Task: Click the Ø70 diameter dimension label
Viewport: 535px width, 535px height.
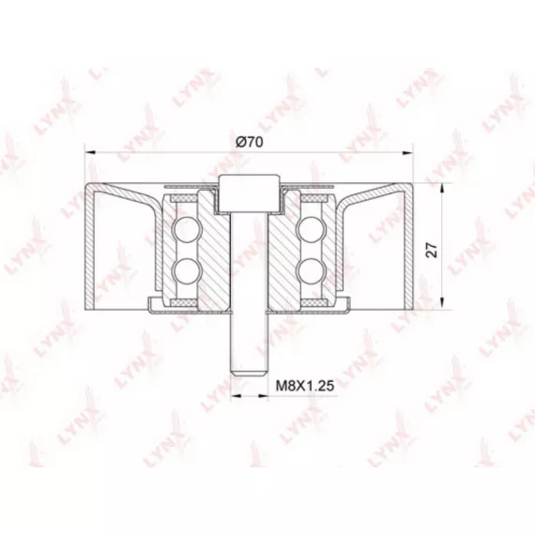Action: click(x=250, y=142)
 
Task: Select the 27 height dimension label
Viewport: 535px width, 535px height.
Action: click(x=433, y=250)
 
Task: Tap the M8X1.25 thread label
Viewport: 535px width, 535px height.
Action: click(x=305, y=386)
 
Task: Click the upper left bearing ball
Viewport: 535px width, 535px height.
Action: click(x=186, y=230)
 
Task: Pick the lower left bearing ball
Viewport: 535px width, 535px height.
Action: click(x=186, y=270)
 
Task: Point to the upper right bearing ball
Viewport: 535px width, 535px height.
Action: click(x=311, y=230)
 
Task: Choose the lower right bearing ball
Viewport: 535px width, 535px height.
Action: click(x=311, y=270)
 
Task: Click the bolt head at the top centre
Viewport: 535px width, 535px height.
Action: click(x=249, y=192)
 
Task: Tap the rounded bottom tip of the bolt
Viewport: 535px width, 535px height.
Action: click(x=249, y=374)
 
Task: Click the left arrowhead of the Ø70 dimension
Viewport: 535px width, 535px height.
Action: click(x=89, y=153)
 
